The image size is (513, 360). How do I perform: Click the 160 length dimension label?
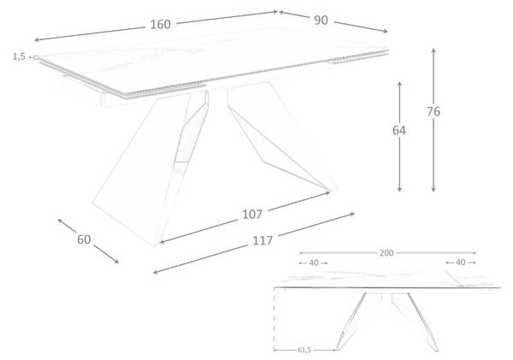(161, 25)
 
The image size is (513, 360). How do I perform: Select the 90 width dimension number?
(321, 21)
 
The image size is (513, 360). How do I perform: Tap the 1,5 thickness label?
(19, 56)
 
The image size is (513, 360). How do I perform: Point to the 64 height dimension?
(399, 130)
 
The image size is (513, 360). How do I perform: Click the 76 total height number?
(433, 112)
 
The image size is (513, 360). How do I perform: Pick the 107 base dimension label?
(252, 215)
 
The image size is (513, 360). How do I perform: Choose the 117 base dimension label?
(262, 241)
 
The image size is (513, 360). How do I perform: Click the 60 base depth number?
(84, 239)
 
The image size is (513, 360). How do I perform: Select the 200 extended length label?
(386, 253)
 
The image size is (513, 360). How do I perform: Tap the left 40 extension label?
(314, 263)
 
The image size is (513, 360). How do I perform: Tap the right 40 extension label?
(460, 263)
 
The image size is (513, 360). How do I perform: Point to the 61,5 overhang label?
(304, 351)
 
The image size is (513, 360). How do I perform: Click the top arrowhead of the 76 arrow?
(433, 50)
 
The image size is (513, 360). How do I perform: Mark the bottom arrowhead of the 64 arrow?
(399, 189)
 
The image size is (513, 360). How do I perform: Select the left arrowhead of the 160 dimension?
(37, 40)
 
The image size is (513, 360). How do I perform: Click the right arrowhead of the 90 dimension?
(386, 31)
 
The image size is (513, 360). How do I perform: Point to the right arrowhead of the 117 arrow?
(352, 215)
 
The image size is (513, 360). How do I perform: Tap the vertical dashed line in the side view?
(274, 320)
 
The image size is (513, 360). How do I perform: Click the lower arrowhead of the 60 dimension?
(116, 261)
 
